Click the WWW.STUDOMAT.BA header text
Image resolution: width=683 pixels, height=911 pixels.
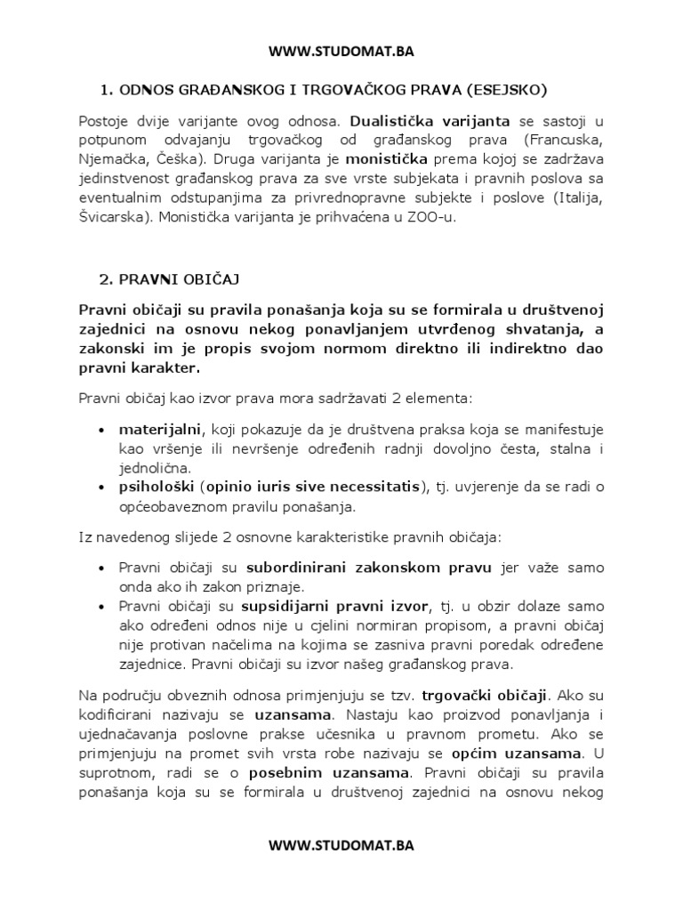coord(341,51)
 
